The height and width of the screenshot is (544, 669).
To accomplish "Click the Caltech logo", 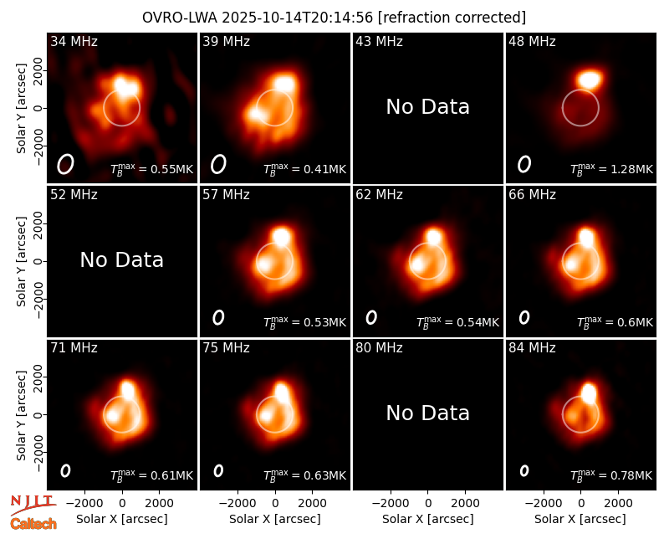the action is [33, 524].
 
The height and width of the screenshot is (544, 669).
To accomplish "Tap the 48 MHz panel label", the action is [532, 41].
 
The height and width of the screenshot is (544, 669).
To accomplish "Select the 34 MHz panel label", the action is [74, 41].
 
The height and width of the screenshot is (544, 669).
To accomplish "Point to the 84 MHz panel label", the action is [532, 347].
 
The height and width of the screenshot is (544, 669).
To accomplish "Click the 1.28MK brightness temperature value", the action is [611, 169].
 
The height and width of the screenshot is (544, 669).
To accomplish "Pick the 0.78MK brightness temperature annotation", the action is [611, 475].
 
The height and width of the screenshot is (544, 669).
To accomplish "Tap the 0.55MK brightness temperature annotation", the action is [152, 169].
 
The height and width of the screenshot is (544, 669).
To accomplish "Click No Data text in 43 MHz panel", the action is [427, 107].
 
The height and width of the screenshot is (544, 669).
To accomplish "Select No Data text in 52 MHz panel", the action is [121, 259].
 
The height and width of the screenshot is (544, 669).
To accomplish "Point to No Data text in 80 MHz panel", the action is [427, 413].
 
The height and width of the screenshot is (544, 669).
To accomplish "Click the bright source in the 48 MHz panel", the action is [590, 80].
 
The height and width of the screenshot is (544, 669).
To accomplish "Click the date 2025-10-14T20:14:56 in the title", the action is [298, 18].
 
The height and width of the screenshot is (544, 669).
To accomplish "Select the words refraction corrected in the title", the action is [452, 18].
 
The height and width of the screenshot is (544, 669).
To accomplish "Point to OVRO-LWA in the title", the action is [180, 18].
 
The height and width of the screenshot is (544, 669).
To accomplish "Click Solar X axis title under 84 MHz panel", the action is [580, 519].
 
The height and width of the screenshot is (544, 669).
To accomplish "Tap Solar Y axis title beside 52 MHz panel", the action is [22, 261].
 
